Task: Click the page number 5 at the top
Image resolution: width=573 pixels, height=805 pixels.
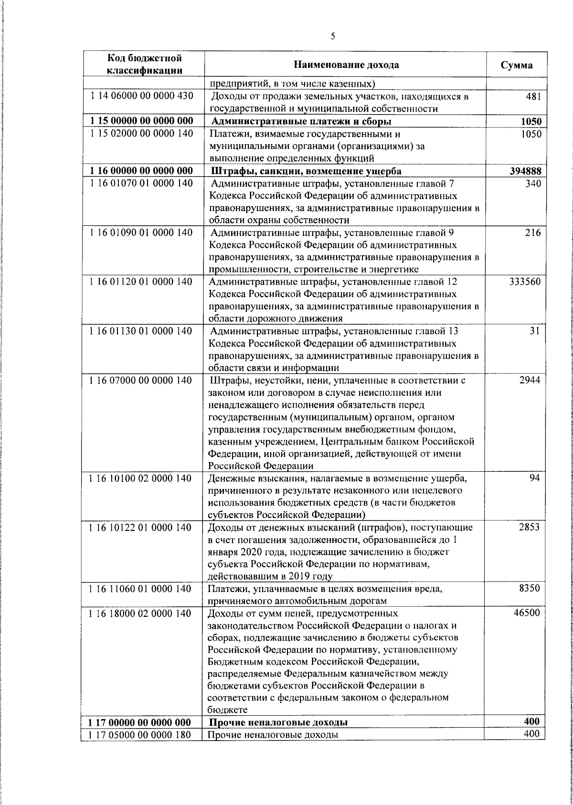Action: click(332, 36)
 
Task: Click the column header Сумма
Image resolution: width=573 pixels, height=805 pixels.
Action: click(517, 65)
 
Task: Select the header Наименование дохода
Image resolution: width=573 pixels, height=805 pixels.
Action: click(346, 65)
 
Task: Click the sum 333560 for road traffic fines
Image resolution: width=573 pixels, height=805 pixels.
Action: click(524, 282)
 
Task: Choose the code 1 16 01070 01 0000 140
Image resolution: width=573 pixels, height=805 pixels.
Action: click(141, 183)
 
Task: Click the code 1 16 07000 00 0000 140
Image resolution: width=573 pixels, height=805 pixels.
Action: click(141, 381)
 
